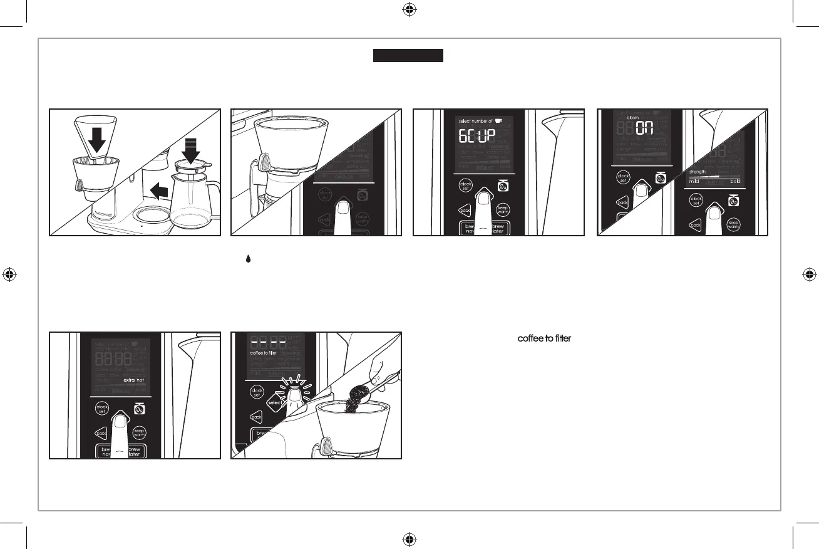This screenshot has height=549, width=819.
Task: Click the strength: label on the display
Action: (698, 170)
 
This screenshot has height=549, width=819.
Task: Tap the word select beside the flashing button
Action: (276, 403)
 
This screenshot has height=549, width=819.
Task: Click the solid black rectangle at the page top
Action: (408, 56)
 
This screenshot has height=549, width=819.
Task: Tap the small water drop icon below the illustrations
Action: (239, 258)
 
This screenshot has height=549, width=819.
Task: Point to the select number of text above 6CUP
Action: (475, 120)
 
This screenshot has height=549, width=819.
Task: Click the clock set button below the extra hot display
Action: (102, 408)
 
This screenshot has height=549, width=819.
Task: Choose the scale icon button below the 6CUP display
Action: (502, 186)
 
